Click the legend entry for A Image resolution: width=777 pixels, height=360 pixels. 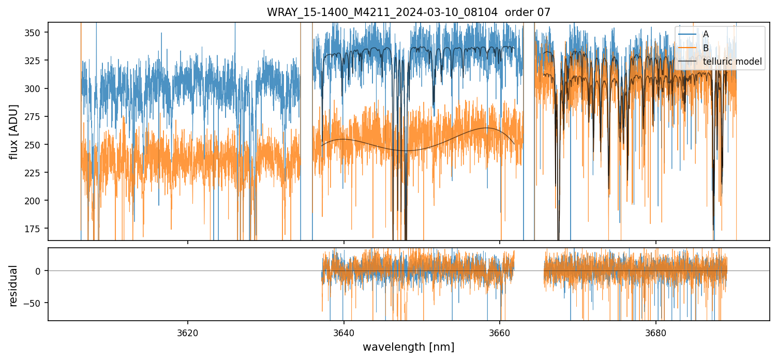click(x=706, y=34)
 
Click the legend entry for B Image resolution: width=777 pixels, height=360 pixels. click(x=706, y=48)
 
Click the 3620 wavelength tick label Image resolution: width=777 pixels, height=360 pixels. click(x=187, y=332)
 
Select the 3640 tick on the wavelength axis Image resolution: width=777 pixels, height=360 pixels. click(x=343, y=332)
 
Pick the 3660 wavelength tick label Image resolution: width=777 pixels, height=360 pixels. click(x=500, y=332)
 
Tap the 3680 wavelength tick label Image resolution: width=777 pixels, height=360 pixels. click(x=656, y=332)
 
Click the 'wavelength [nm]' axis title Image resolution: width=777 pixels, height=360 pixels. click(x=408, y=347)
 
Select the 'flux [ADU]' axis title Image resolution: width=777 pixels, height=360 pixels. click(x=14, y=131)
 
